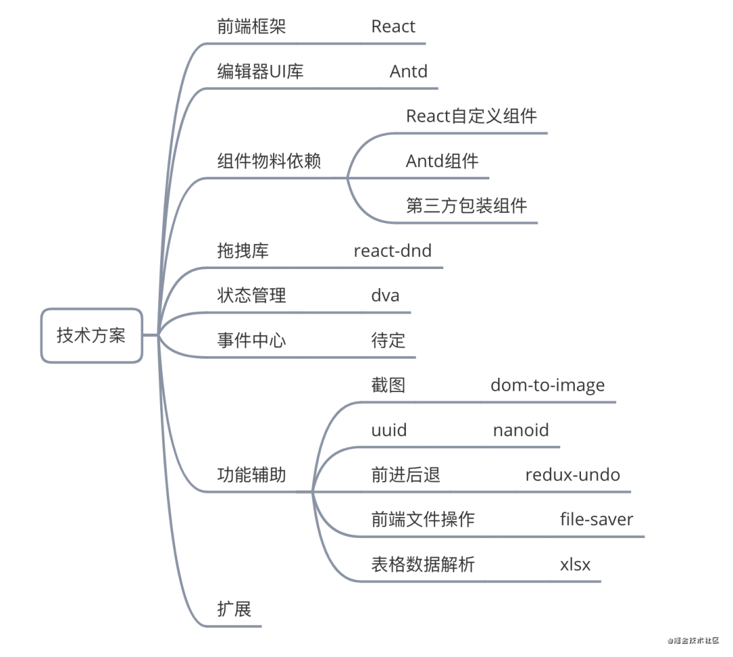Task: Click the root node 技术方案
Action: (92, 335)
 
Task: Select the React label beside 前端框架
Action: (393, 26)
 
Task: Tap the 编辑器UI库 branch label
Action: (261, 71)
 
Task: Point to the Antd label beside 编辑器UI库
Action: (409, 71)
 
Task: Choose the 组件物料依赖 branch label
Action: (269, 161)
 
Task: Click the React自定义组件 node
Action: (471, 116)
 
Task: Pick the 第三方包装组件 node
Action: (466, 206)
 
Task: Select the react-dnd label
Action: (393, 251)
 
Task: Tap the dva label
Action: (386, 296)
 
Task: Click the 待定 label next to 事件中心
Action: (388, 340)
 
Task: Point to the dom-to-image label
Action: (548, 386)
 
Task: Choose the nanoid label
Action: (521, 430)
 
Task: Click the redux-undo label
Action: (573, 475)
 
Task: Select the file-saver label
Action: (597, 520)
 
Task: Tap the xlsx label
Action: (575, 565)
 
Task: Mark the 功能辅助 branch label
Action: (252, 475)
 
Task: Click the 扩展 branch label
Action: (234, 609)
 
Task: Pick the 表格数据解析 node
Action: (423, 565)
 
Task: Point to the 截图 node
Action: (388, 385)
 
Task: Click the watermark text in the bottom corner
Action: (693, 641)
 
